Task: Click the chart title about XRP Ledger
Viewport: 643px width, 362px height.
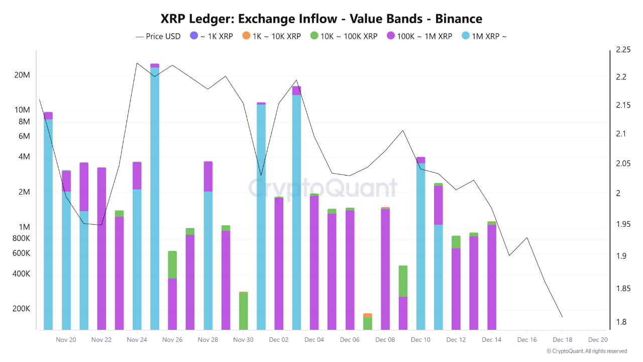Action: (x=321, y=19)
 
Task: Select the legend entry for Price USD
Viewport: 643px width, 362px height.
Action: (x=158, y=36)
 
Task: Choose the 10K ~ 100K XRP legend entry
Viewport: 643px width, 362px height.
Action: (x=344, y=36)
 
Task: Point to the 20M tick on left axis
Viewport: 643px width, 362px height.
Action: (x=22, y=75)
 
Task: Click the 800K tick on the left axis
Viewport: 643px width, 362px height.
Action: (x=21, y=238)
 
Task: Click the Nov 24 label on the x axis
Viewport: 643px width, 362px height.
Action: (x=137, y=340)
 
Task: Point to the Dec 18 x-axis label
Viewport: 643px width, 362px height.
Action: (x=562, y=340)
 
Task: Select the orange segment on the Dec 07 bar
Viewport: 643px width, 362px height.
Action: (x=368, y=315)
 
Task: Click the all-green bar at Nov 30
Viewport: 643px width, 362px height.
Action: (x=244, y=311)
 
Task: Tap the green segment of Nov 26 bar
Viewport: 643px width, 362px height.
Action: (x=172, y=264)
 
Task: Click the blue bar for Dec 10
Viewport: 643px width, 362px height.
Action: (x=421, y=246)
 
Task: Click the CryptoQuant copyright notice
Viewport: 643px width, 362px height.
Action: (x=586, y=351)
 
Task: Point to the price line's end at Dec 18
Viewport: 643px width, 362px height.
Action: (x=562, y=317)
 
